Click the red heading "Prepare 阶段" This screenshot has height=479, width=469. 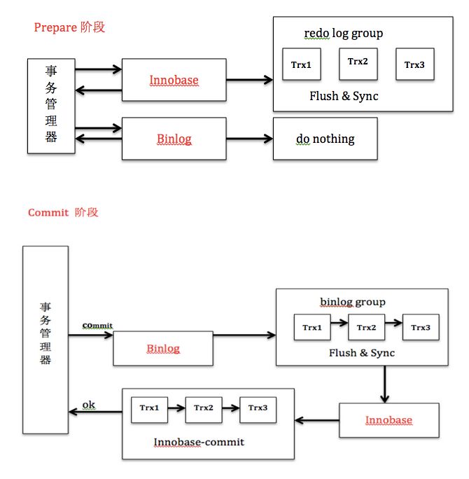click(69, 27)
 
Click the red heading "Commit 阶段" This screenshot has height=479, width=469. click(63, 212)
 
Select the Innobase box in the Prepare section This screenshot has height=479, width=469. click(174, 80)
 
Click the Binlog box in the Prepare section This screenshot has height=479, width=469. click(174, 139)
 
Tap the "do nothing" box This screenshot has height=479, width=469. click(325, 139)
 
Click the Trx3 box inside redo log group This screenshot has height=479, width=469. click(414, 64)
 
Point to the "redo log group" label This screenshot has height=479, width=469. click(343, 33)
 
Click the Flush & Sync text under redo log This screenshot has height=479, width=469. click(344, 96)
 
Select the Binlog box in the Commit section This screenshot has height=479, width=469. click(162, 348)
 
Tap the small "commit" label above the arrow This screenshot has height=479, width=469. click(97, 326)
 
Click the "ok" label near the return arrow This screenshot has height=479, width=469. click(89, 405)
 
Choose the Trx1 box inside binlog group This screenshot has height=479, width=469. click(312, 327)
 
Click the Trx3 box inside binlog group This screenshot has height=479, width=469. click(421, 327)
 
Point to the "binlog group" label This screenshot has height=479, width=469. click(353, 302)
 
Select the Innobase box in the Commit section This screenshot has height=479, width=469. click(388, 420)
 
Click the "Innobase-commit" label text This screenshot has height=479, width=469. click(199, 443)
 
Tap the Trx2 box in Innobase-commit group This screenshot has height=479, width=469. click(204, 408)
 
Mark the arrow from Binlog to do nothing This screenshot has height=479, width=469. click(249, 139)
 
